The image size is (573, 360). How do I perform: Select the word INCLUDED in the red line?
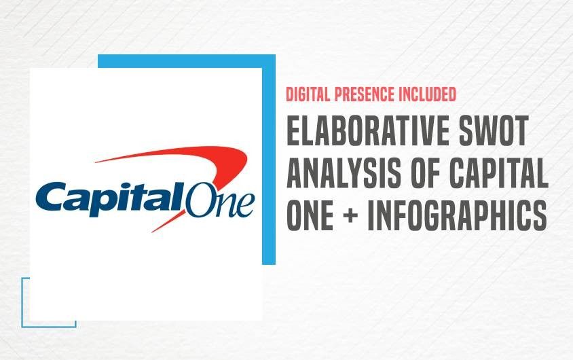[427, 94]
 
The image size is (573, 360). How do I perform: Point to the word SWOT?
[494, 130]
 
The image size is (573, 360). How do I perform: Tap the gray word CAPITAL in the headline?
[499, 173]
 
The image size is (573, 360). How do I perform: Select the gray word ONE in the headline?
[310, 215]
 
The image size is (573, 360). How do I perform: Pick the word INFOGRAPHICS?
[457, 215]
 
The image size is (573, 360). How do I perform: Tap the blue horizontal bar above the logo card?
[187, 61]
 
